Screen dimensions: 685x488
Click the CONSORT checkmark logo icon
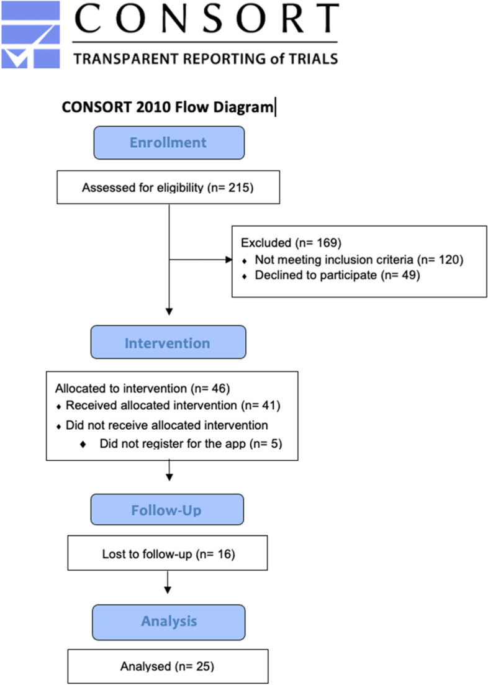[x=30, y=35]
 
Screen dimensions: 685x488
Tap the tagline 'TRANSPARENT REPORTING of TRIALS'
[x=206, y=58]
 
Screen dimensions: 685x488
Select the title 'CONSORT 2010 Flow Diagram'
[x=167, y=107]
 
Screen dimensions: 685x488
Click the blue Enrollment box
[x=168, y=143]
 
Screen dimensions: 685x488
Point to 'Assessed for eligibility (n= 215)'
[x=168, y=187]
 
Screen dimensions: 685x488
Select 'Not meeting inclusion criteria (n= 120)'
[x=358, y=260]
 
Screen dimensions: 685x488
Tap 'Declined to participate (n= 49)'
[x=337, y=275]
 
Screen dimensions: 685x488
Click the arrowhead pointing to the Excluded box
[x=227, y=260]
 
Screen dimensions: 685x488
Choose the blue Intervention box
[x=168, y=343]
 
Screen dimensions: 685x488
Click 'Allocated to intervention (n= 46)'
[x=143, y=389]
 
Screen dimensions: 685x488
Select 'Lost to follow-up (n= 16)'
[x=168, y=553]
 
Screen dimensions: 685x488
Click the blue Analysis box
[x=168, y=621]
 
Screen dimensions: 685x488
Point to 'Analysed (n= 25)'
[x=168, y=666]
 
